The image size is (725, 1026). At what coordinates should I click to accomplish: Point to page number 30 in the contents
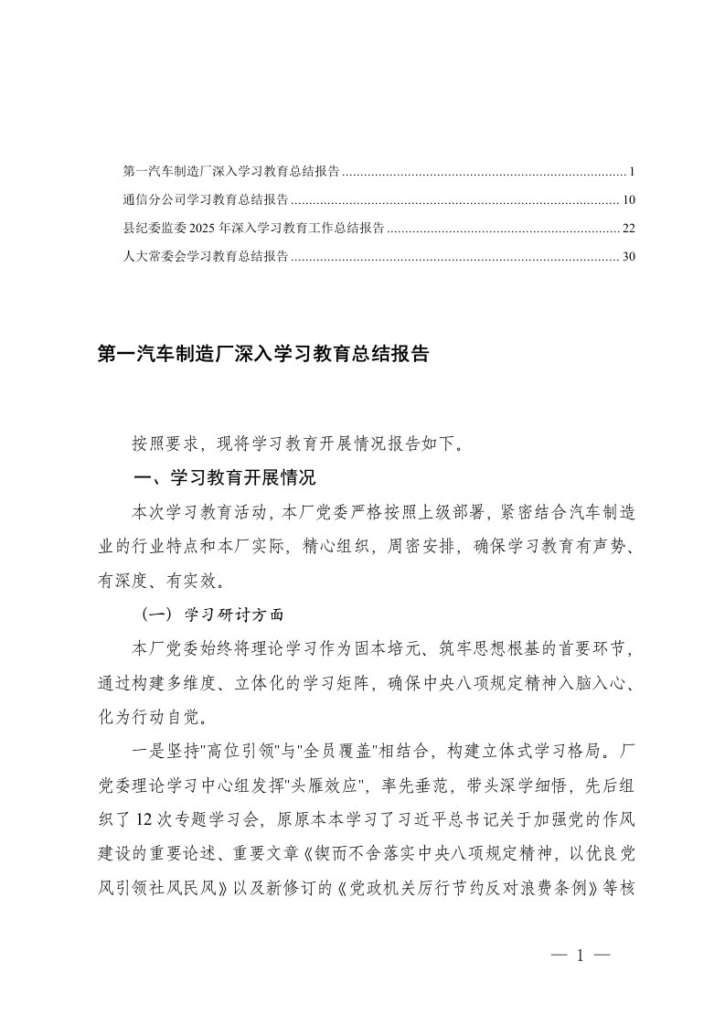[x=627, y=257]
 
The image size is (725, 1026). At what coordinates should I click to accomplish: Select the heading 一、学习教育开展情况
[x=224, y=478]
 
